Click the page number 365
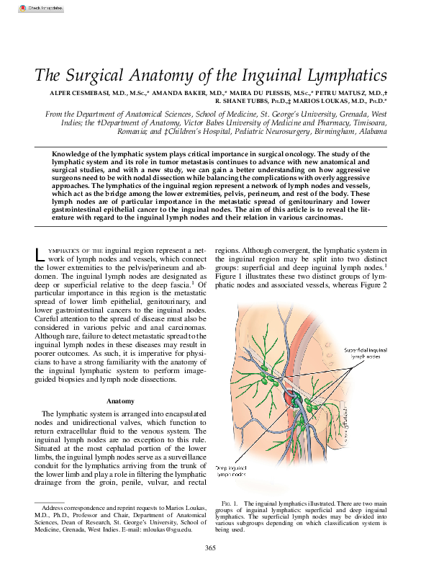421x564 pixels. click(x=210, y=549)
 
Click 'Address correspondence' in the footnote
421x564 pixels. click(x=76, y=508)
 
